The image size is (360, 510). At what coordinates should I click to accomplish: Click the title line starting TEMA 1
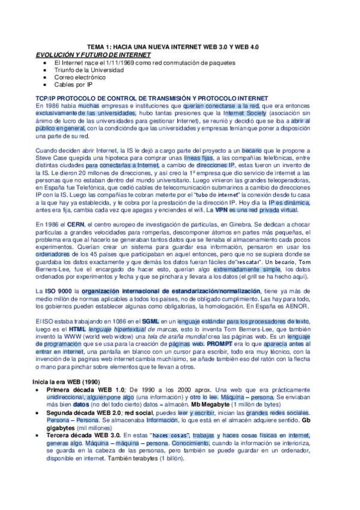point(173,47)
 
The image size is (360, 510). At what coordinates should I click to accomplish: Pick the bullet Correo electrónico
point(79,78)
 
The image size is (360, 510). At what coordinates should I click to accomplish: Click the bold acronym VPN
point(222,210)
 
